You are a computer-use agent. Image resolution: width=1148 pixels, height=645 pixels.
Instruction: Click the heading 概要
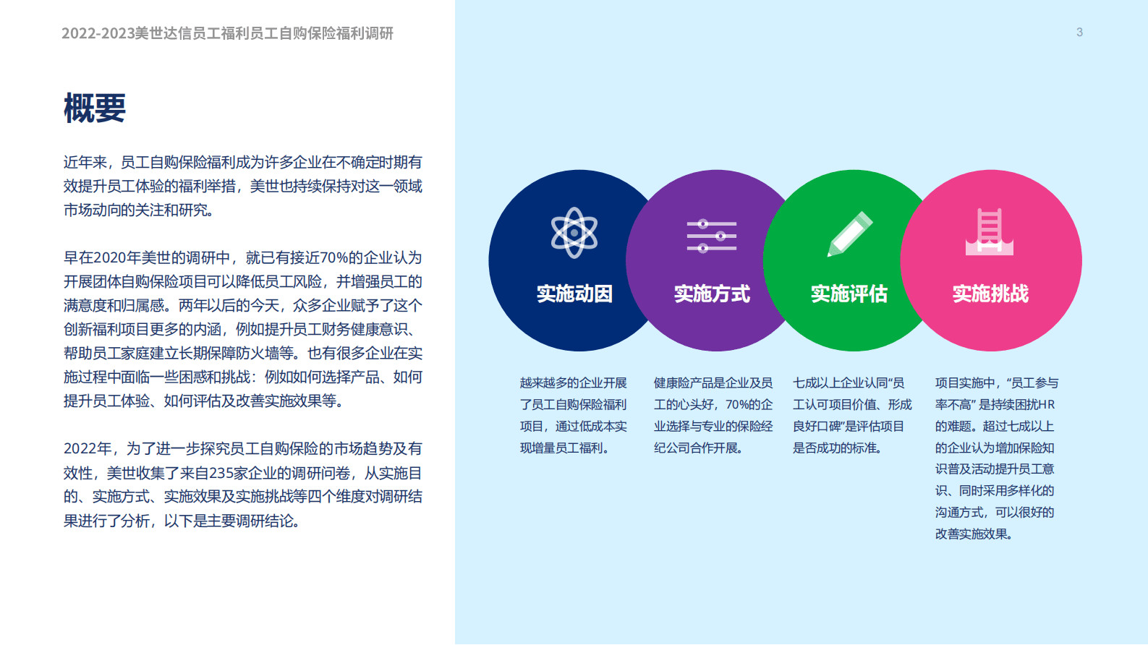95,108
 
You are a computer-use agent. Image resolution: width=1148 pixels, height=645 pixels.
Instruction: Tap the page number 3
1079,33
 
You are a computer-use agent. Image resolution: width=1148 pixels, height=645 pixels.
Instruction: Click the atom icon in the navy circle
574,233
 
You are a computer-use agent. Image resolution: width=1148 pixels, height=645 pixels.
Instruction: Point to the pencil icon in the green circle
849,234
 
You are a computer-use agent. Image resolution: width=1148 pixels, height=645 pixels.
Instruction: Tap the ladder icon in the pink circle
990,232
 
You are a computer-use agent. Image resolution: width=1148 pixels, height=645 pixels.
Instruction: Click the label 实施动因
574,294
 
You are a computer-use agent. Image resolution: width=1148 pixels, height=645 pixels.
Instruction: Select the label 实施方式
712,294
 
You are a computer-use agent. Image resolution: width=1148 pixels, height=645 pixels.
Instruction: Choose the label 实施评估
849,294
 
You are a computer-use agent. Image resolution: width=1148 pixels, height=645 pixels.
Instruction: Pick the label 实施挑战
990,294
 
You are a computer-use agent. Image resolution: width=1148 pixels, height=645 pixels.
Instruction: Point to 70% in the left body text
334,258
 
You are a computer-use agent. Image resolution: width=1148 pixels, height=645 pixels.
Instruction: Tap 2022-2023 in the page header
98,33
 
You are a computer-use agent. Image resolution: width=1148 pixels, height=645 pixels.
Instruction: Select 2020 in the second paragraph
110,258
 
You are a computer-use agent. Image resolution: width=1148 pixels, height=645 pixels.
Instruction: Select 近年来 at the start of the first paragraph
85,163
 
